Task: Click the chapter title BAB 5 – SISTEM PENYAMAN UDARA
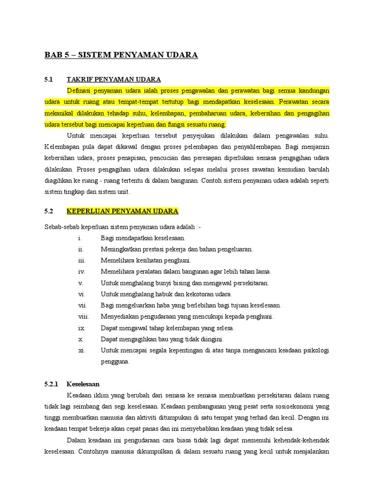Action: pyautogui.click(x=121, y=55)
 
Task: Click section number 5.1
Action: pyautogui.click(x=48, y=79)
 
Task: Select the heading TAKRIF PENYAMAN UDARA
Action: pyautogui.click(x=113, y=79)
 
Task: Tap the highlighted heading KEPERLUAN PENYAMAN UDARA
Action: pyautogui.click(x=122, y=211)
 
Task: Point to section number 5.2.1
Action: pyautogui.click(x=51, y=384)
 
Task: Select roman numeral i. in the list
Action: pyautogui.click(x=80, y=238)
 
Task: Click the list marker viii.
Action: pyautogui.click(x=83, y=317)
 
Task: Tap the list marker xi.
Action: pyautogui.click(x=81, y=350)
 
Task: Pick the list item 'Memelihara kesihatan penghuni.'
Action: pyautogui.click(x=146, y=261)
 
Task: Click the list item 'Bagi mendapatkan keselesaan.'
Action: pyautogui.click(x=143, y=238)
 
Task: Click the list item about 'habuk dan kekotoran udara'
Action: pyautogui.click(x=166, y=294)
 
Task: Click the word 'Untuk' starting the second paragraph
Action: pyautogui.click(x=75, y=135)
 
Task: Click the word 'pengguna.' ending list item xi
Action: pyautogui.click(x=115, y=362)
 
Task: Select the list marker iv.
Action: pyautogui.click(x=81, y=272)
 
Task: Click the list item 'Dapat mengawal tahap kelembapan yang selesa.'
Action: pyautogui.click(x=167, y=328)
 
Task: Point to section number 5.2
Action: pyautogui.click(x=48, y=211)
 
